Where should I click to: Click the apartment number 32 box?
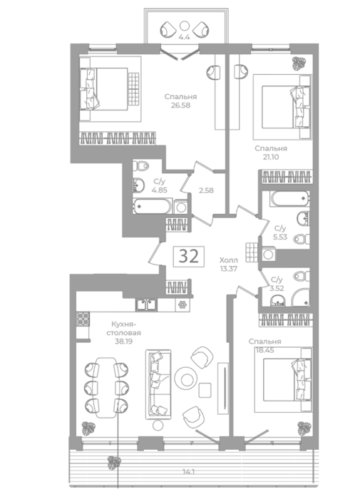(189, 256)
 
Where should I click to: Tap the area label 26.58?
(180, 105)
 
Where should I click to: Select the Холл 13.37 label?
(229, 264)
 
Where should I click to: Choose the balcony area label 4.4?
(184, 37)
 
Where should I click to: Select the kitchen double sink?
(146, 304)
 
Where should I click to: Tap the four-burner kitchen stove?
(83, 319)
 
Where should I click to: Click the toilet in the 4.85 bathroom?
(140, 166)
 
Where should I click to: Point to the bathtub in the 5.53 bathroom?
(289, 199)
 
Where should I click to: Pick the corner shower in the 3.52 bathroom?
(301, 297)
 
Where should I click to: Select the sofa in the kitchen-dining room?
(158, 384)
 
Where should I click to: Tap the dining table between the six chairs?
(106, 387)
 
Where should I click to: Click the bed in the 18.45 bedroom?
(283, 380)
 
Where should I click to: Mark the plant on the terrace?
(114, 463)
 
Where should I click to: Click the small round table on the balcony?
(184, 26)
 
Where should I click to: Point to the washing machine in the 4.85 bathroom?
(181, 207)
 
